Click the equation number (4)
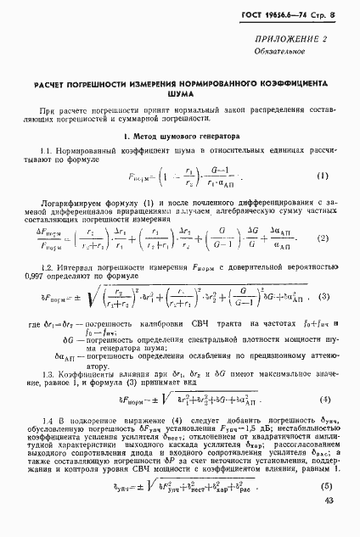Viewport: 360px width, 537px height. (323, 399)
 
